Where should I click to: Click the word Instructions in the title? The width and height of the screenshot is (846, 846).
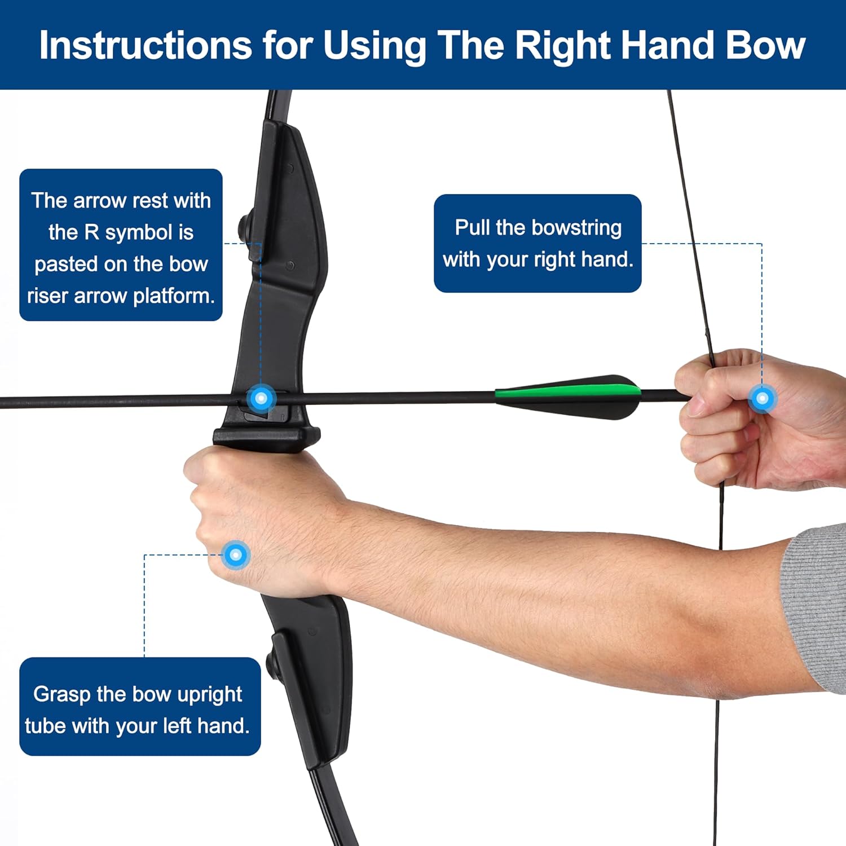tap(146, 45)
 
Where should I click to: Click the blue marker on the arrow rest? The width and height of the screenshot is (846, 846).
tap(261, 398)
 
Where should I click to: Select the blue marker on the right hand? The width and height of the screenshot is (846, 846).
tap(762, 398)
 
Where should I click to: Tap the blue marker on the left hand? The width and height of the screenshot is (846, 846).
tap(236, 555)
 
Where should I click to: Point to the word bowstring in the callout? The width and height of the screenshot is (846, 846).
tap(576, 228)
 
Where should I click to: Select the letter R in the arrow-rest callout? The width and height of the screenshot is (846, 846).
tap(91, 232)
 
